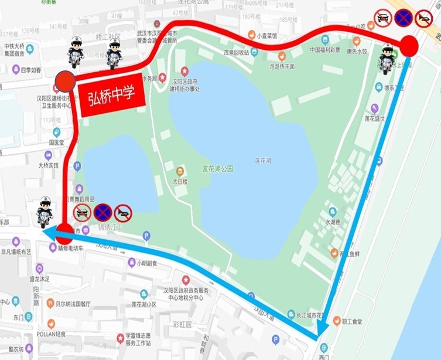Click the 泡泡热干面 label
tap(285, 66)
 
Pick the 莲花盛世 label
tap(375, 118)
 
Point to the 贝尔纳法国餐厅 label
tap(73, 304)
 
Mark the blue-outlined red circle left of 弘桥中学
tap(65, 82)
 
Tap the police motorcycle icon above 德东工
tap(388, 59)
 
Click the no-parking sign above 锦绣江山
tap(103, 211)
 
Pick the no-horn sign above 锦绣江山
tap(123, 211)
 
